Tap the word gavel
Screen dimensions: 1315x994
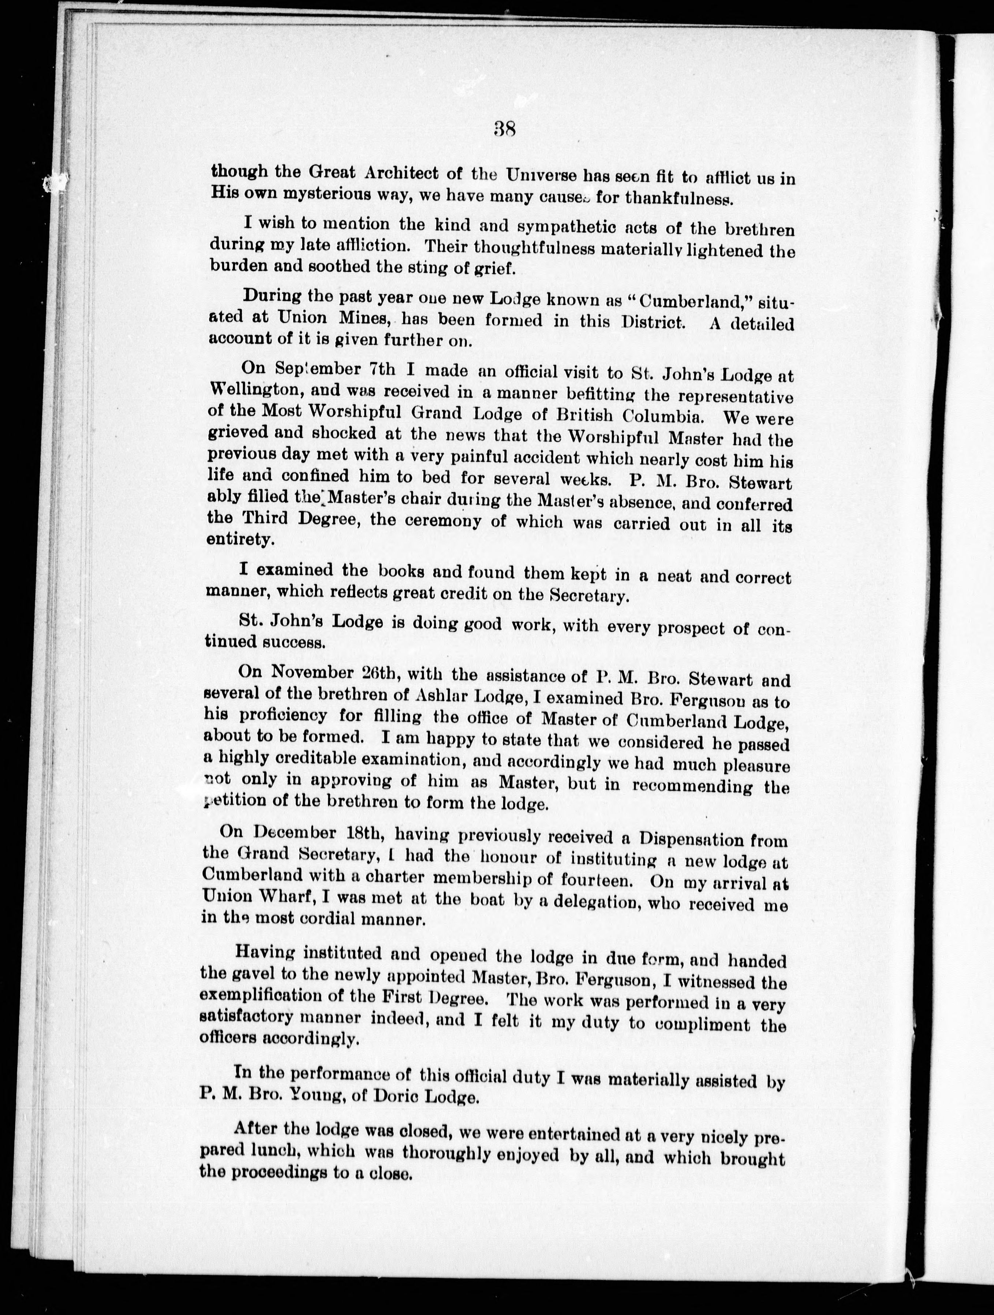click(x=251, y=973)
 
